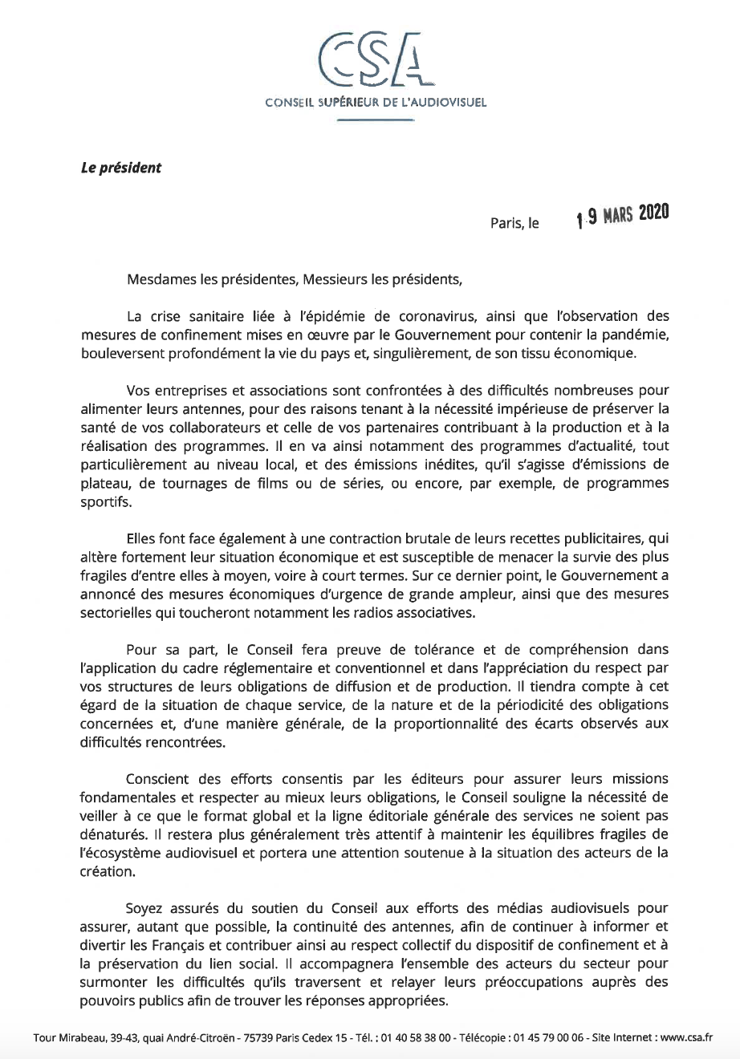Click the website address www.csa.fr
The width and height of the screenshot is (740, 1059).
point(685,1037)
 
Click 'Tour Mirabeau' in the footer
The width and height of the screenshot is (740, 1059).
point(65,1037)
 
